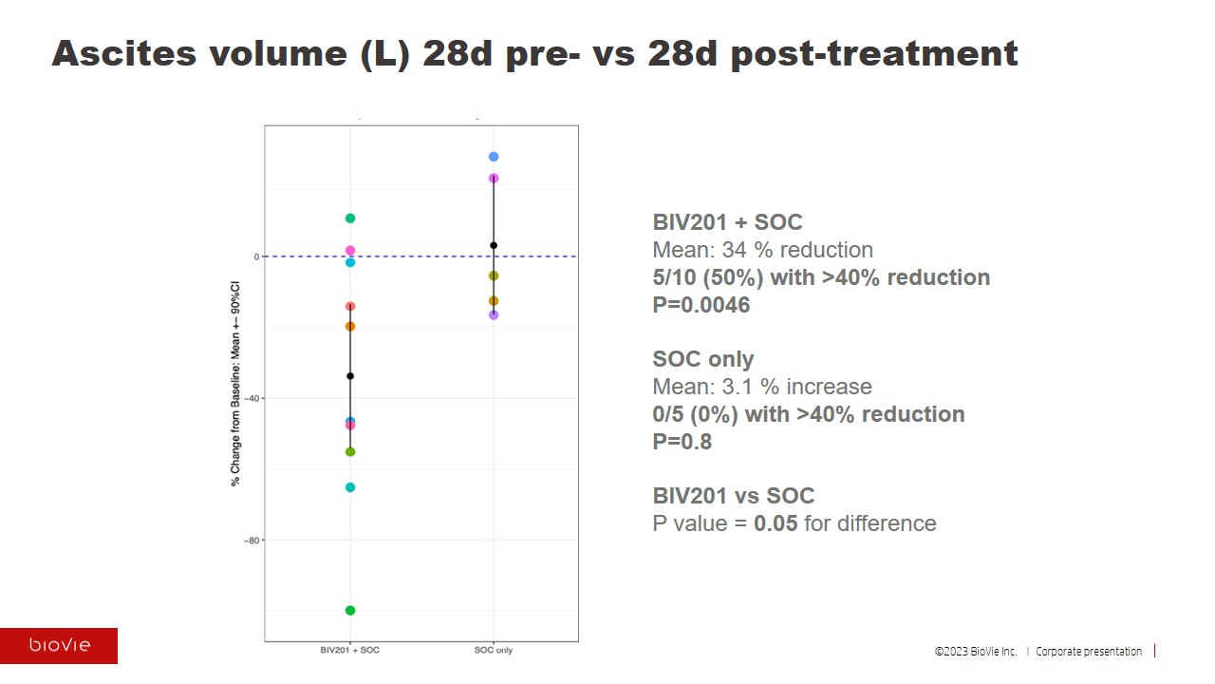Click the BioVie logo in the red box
coord(59,646)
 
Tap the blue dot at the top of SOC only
coord(494,157)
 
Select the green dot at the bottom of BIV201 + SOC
coord(350,610)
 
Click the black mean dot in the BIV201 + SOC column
coord(350,376)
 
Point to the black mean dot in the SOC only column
coord(494,245)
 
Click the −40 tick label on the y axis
coord(251,399)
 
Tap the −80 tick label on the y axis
coord(251,541)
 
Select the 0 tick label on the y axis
coord(256,256)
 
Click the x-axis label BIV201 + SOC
coord(350,651)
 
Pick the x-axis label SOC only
coord(494,651)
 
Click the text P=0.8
coord(682,442)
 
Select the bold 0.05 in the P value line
coord(776,523)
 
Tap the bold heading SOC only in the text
coord(702,359)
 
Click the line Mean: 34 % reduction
coord(762,250)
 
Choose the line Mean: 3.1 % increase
coord(761,387)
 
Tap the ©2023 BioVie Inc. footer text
coord(976,652)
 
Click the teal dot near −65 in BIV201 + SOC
coord(350,487)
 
